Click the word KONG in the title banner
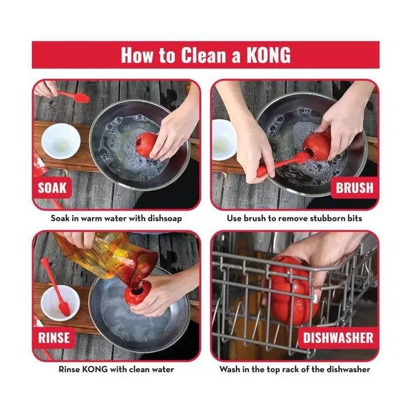[x=268, y=55]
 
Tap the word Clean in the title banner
[x=203, y=55]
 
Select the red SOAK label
[x=52, y=188]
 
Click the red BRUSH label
[x=355, y=188]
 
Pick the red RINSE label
[x=54, y=338]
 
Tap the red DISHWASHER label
[x=338, y=338]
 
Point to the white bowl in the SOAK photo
[x=61, y=141]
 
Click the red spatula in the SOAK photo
[x=74, y=97]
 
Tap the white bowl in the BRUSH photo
[x=225, y=140]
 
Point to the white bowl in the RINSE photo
[x=60, y=303]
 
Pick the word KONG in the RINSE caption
[x=95, y=369]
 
